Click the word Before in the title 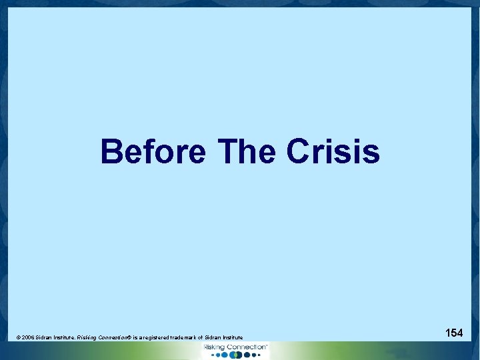pyautogui.click(x=153, y=151)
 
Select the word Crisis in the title pyautogui.click(x=333, y=151)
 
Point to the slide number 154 pyautogui.click(x=454, y=332)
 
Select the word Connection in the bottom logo pyautogui.click(x=245, y=347)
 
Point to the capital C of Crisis pyautogui.click(x=297, y=151)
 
